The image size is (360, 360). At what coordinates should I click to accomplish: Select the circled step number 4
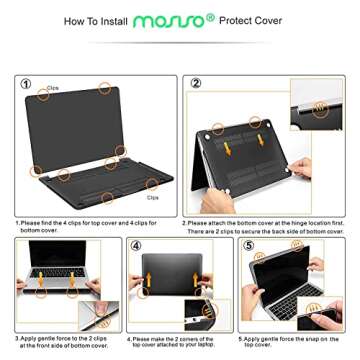tap(136, 244)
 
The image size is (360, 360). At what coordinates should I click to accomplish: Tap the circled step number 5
tap(249, 244)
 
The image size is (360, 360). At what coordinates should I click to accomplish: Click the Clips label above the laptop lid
tap(52, 88)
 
